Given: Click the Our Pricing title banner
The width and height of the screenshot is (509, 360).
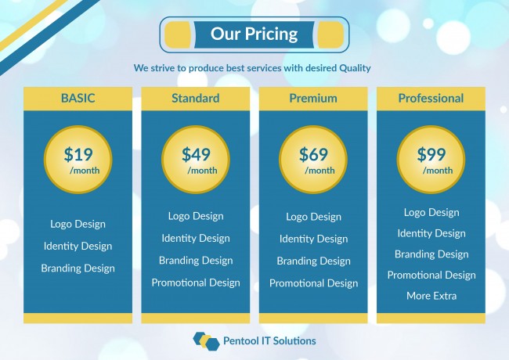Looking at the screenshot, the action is pos(254,34).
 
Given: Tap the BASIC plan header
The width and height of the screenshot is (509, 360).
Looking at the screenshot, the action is pos(78,99).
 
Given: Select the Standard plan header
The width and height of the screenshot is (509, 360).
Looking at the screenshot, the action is pos(196,99).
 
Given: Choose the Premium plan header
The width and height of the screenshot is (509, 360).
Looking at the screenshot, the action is pos(313,99).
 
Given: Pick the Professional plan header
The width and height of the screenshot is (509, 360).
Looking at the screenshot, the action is pos(431,99).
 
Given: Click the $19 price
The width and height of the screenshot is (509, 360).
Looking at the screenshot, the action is pos(78,154).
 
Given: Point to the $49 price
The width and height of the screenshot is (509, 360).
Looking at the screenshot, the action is pos(196,154).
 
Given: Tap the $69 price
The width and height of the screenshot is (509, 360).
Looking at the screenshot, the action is pos(313,154).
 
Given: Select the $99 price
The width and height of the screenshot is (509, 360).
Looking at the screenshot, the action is pos(431,154).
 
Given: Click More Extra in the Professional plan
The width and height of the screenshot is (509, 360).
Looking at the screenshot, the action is pos(431,296).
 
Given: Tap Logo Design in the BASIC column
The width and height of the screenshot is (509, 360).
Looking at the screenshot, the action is pos(78,224).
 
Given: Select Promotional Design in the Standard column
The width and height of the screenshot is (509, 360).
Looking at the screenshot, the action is pos(196,283).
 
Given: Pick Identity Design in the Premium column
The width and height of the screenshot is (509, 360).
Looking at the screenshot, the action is pos(313,239).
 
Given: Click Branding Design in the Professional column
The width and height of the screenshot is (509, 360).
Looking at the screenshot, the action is pos(431,254).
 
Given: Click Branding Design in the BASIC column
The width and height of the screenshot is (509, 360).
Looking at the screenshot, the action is pos(78,268).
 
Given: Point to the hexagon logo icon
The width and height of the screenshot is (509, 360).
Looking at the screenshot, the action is pos(206,341).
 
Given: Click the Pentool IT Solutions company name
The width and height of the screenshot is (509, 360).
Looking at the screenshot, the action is pos(269,341).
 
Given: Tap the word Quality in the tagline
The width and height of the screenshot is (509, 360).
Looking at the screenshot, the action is pos(355,68).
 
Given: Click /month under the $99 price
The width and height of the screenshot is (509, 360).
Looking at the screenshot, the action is pos(437,171).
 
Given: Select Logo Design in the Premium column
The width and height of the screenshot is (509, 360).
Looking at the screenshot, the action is pos(313,217).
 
